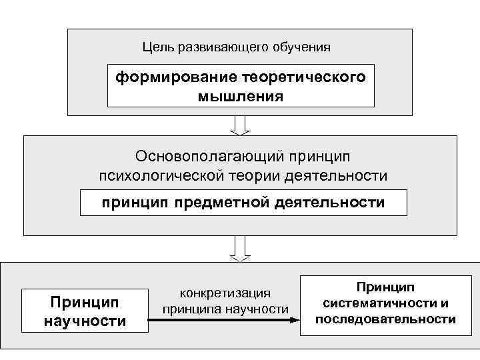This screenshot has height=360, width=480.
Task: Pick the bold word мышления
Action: click(240, 97)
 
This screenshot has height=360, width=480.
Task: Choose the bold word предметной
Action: click(223, 203)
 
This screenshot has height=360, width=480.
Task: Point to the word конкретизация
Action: click(225, 293)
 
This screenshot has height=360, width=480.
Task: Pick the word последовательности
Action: click(385, 319)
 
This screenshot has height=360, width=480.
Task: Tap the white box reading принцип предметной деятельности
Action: click(243, 203)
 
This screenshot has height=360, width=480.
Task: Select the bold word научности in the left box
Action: click(85, 321)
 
